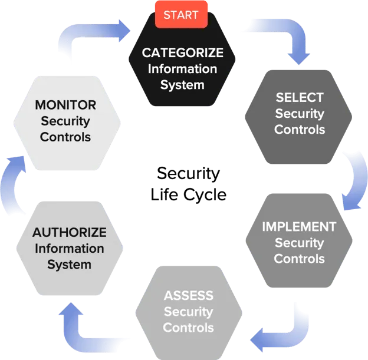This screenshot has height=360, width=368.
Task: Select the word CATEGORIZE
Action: (182, 53)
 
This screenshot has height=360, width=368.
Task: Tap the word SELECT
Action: (300, 97)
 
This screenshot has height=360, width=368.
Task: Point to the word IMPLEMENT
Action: (299, 227)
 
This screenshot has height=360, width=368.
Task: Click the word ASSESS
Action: (189, 295)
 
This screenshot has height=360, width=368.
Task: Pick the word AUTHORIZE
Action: (70, 232)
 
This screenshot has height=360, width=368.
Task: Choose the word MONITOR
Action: (65, 105)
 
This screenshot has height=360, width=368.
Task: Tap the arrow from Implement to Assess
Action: (283, 330)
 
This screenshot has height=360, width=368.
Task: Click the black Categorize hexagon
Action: (182, 77)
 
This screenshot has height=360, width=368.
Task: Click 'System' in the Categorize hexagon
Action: (182, 85)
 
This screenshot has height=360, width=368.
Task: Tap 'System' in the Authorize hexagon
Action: (70, 264)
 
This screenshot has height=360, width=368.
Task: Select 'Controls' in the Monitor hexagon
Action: (65, 137)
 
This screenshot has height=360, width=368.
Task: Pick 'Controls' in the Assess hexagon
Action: (189, 327)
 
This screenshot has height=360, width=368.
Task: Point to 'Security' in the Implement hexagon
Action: (299, 243)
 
